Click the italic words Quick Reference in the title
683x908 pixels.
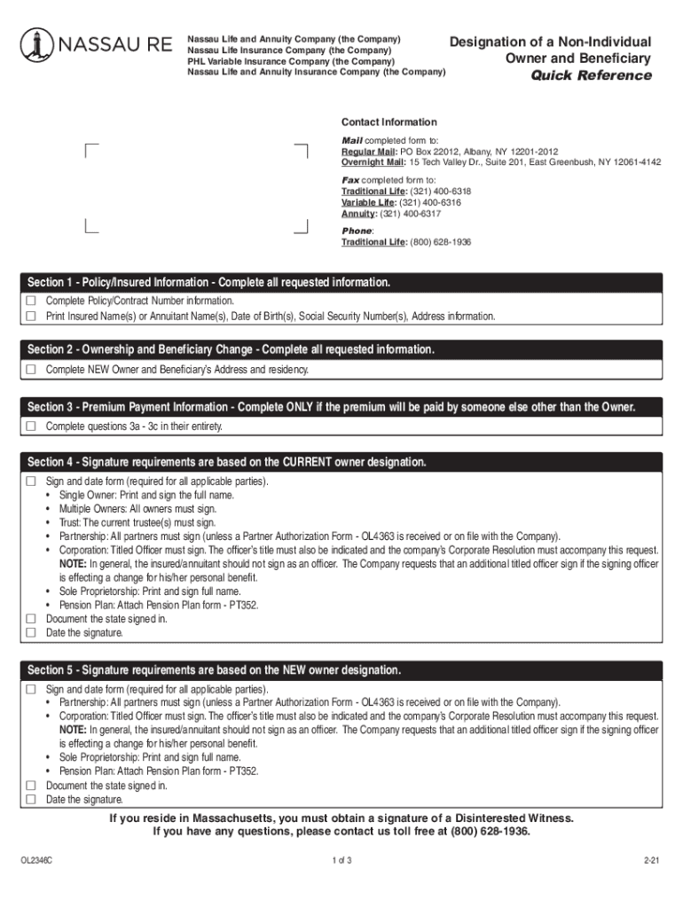(591, 75)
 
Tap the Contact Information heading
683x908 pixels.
(389, 122)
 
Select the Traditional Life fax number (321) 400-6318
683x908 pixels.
(440, 191)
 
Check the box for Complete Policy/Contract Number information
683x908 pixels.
(31, 301)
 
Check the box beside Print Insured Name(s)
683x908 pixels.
(31, 316)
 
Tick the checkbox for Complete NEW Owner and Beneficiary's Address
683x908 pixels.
(31, 369)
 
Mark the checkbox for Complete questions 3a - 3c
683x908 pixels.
(31, 427)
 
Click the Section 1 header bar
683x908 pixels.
(341, 283)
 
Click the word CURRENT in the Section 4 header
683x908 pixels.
(307, 463)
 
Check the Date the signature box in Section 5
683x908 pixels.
(31, 800)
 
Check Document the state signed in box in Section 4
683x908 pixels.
(31, 619)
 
